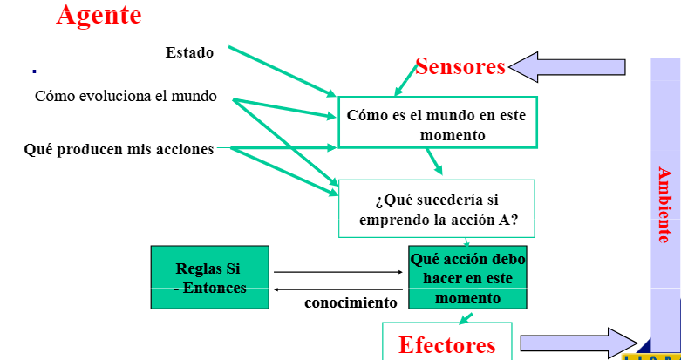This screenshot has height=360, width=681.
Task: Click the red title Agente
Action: [x=99, y=15]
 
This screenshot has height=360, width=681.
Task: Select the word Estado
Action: [x=189, y=52]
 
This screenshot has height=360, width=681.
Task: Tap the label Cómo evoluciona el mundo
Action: [x=126, y=96]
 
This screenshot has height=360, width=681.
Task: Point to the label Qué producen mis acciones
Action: [x=119, y=149]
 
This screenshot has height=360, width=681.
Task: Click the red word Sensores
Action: [x=460, y=66]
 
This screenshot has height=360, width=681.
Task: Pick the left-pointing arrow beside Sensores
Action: [x=568, y=66]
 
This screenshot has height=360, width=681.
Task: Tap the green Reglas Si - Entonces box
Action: [x=210, y=277]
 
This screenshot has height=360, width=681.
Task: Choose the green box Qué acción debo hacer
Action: [x=467, y=278]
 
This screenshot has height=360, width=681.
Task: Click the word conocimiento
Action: [x=351, y=303]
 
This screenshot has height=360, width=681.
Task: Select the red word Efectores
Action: [x=447, y=344]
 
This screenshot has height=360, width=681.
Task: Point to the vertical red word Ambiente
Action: [x=664, y=205]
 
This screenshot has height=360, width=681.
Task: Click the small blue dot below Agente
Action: [x=34, y=71]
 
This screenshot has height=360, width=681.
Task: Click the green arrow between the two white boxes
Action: [x=433, y=161]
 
